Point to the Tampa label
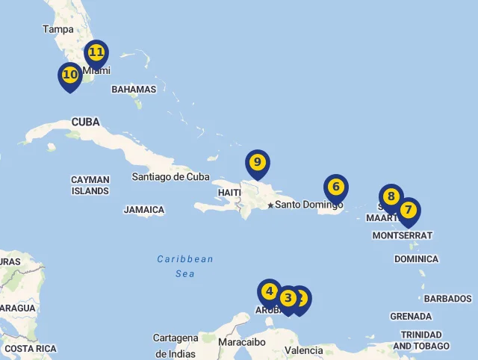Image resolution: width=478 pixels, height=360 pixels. (x=58, y=29)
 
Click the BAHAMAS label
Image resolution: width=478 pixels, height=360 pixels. (x=134, y=89)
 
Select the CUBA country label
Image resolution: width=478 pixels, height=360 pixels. (x=85, y=122)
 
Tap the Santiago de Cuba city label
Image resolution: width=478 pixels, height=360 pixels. (x=170, y=177)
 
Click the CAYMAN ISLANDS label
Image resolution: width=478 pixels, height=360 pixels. (x=90, y=185)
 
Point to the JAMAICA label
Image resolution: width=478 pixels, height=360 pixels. (x=143, y=210)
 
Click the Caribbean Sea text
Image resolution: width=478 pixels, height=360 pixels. (x=184, y=267)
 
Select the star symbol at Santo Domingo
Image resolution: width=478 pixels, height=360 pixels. (x=270, y=205)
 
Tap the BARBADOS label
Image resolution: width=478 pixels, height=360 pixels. (x=447, y=298)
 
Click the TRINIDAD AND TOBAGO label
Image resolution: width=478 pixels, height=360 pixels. (x=421, y=341)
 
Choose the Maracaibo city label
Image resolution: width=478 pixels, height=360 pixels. (x=242, y=342)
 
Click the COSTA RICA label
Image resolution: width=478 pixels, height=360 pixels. (x=30, y=349)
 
